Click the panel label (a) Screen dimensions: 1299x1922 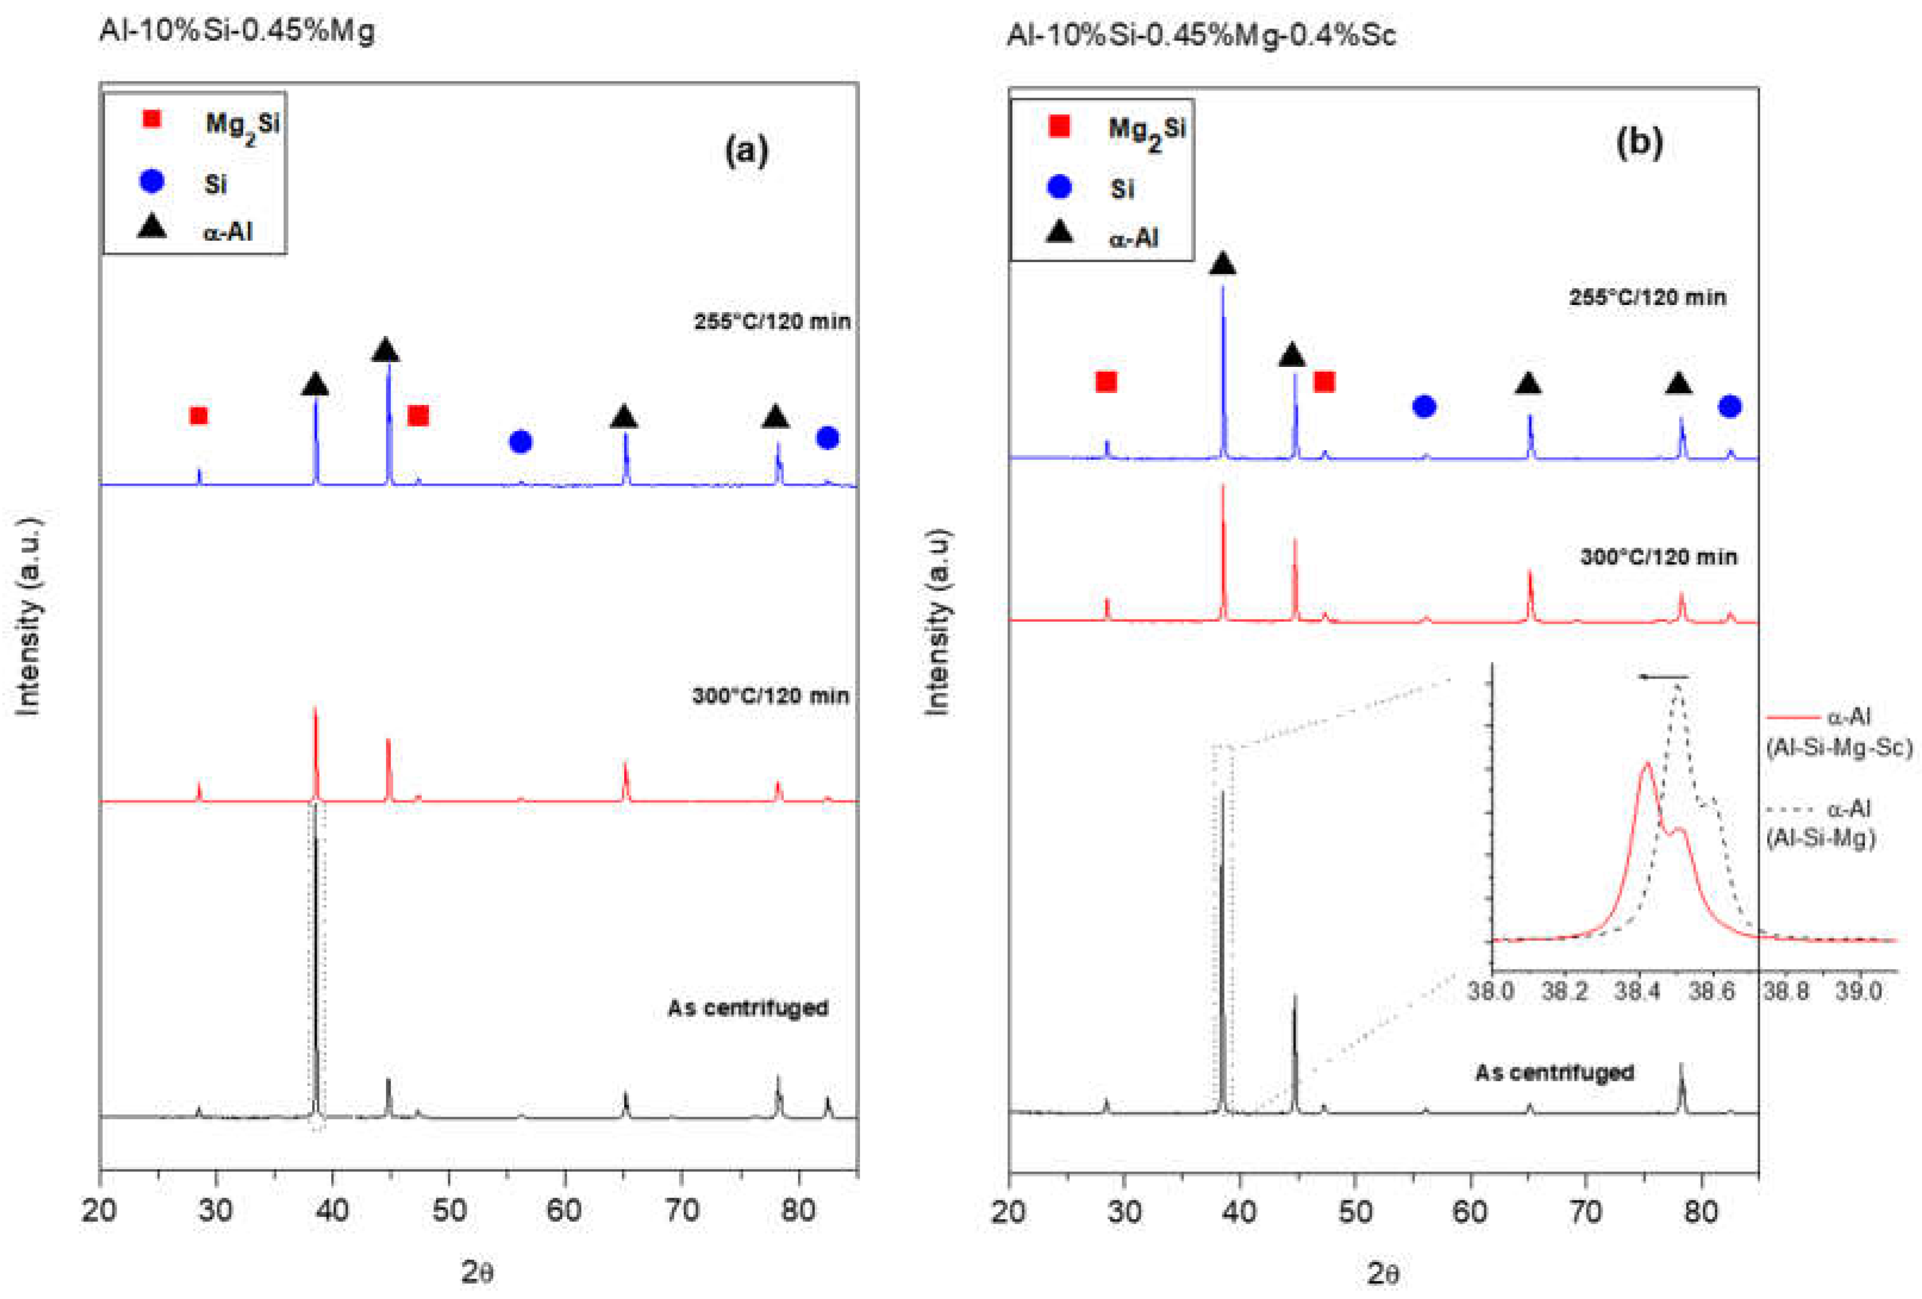click(x=746, y=151)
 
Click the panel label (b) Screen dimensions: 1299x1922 click(x=1638, y=142)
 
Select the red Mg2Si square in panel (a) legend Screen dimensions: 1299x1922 click(x=151, y=119)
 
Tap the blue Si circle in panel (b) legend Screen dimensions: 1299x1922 click(x=1060, y=187)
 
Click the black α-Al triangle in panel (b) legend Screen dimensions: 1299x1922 click(x=1060, y=234)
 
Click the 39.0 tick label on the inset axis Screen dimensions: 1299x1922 click(x=1858, y=990)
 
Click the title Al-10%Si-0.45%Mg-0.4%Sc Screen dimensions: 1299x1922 click(x=1200, y=34)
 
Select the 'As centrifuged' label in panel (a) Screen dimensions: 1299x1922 click(x=747, y=1008)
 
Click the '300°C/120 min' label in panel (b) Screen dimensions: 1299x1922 click(x=1658, y=556)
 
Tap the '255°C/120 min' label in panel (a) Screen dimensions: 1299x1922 click(x=772, y=322)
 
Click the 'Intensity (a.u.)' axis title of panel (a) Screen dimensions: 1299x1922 click(x=29, y=616)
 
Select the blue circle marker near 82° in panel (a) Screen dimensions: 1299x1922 click(x=827, y=438)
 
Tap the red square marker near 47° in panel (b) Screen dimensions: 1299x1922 click(x=1324, y=381)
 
